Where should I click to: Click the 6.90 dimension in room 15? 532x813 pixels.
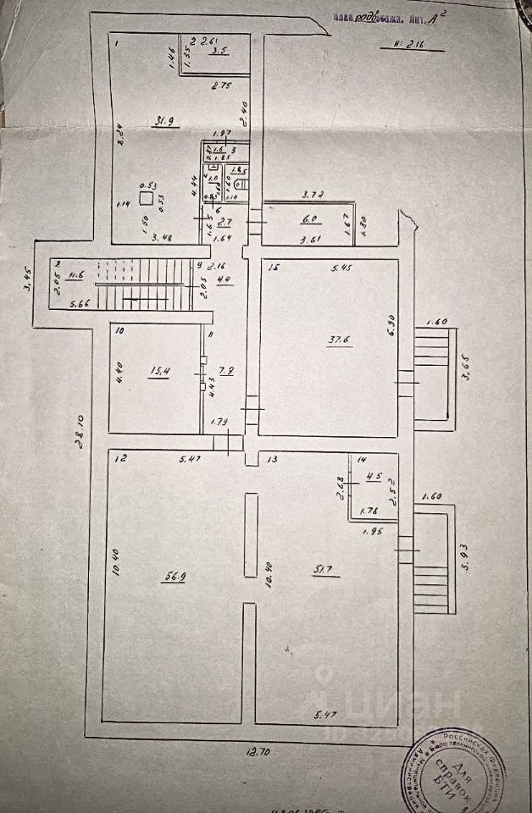pyautogui.click(x=391, y=325)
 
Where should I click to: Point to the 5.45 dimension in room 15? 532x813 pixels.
pyautogui.click(x=342, y=268)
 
